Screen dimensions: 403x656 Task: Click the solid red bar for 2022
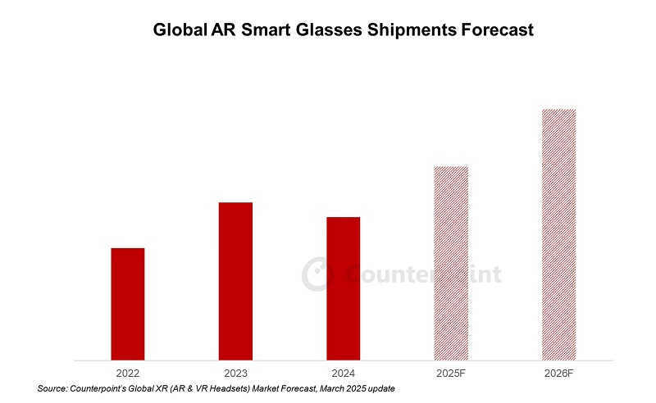[x=128, y=303]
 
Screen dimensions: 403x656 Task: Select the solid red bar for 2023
[x=235, y=281]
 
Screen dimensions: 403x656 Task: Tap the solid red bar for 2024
[x=343, y=288]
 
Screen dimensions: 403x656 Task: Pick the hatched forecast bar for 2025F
[x=451, y=263]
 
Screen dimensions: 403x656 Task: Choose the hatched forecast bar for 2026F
[x=558, y=234]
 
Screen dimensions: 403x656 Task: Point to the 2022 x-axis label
[x=128, y=373]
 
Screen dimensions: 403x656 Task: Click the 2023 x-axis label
[x=235, y=373]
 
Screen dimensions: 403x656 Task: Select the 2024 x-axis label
[x=343, y=373]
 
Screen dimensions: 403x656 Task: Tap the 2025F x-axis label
[x=451, y=373]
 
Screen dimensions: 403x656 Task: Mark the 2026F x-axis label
[x=558, y=373]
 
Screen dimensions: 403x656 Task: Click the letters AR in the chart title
[x=227, y=31]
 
